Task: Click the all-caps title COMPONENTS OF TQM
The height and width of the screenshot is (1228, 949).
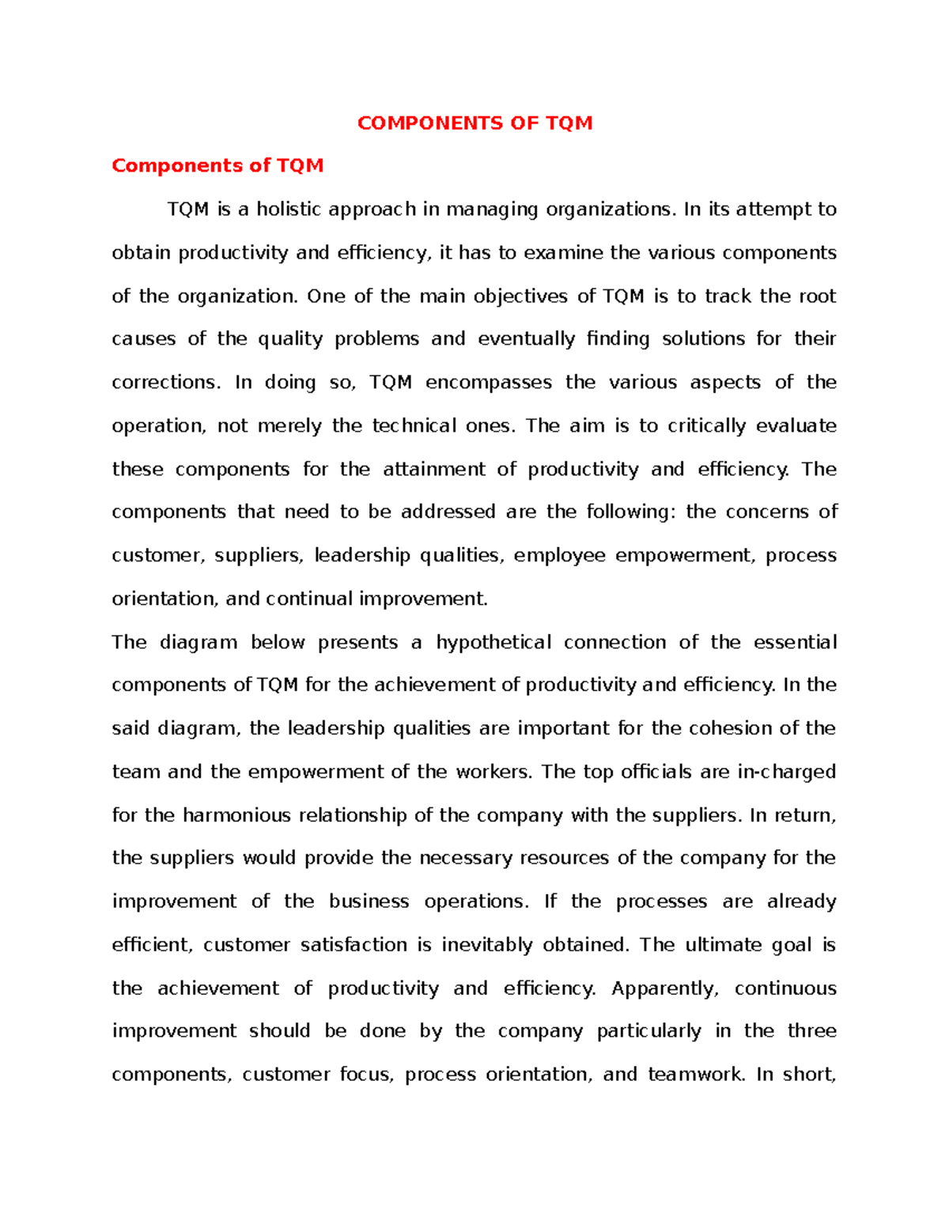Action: [475, 123]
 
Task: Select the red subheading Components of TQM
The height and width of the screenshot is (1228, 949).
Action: [217, 166]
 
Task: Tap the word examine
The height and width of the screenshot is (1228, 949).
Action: [564, 253]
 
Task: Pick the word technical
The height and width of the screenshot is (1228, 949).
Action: [414, 426]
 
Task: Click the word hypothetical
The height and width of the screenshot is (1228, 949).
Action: [493, 643]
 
